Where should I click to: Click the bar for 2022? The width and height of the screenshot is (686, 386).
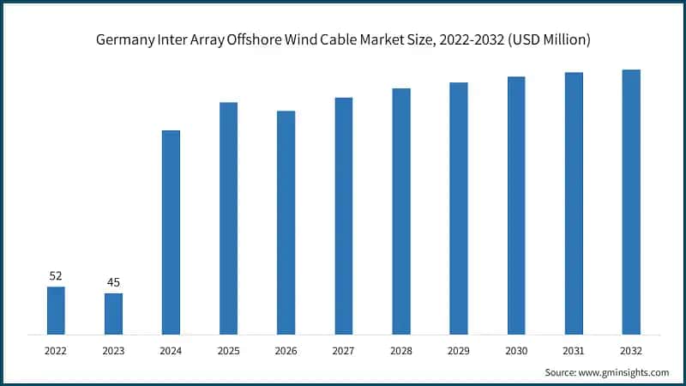(56, 311)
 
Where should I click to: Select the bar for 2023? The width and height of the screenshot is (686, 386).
(113, 314)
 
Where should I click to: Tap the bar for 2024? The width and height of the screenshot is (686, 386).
(171, 232)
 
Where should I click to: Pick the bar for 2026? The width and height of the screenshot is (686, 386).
(286, 223)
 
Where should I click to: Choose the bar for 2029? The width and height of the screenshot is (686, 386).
(459, 208)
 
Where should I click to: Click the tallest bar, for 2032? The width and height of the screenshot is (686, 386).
(631, 202)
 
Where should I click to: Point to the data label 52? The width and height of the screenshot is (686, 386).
(56, 275)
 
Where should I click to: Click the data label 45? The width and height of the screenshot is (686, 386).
(113, 282)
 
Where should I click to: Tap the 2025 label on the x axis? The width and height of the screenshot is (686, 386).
(228, 350)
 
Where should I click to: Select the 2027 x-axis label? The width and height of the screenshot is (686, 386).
(343, 350)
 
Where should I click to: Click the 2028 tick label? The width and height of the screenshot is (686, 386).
(400, 350)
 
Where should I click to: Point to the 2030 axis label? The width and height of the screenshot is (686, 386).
(515, 350)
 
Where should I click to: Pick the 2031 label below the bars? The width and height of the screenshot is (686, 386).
(574, 350)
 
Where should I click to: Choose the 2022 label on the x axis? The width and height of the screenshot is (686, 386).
(56, 350)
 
